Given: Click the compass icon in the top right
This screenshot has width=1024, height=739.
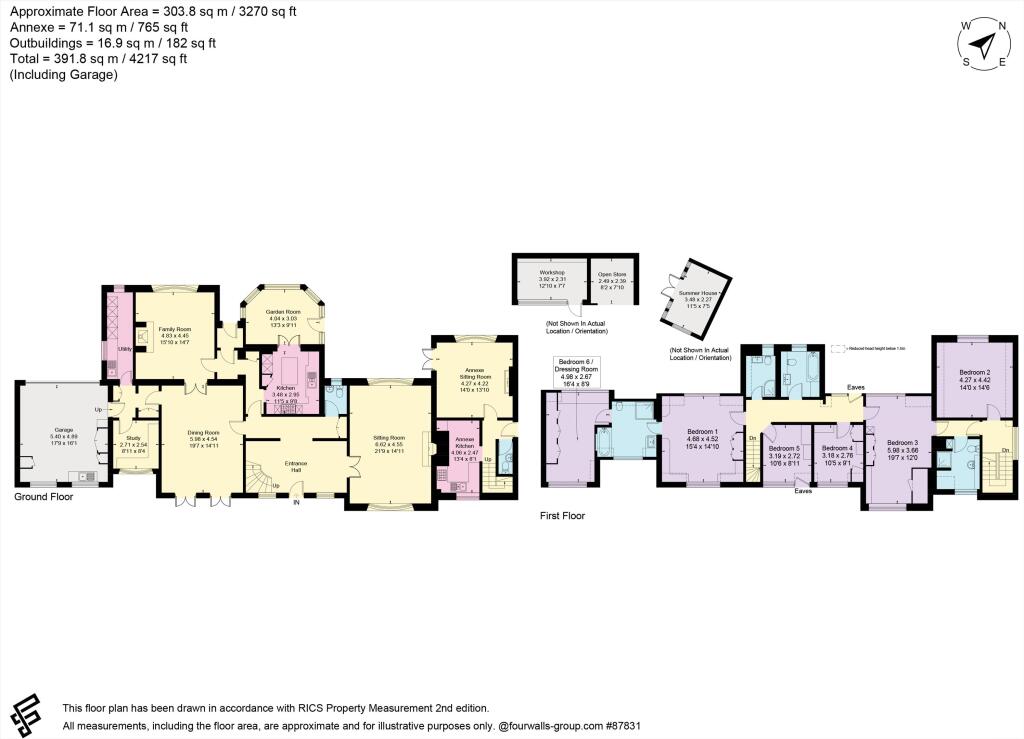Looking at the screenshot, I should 985,45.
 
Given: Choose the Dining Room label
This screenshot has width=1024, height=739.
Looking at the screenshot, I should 203,433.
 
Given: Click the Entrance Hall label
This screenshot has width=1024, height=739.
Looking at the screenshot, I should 297,466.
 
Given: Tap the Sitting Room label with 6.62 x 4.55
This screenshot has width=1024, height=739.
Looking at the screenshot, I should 389,438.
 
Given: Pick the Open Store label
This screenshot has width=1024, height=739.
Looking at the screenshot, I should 612,272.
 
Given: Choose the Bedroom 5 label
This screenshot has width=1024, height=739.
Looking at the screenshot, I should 784,448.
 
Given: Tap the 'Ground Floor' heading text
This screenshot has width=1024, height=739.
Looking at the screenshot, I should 43,496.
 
